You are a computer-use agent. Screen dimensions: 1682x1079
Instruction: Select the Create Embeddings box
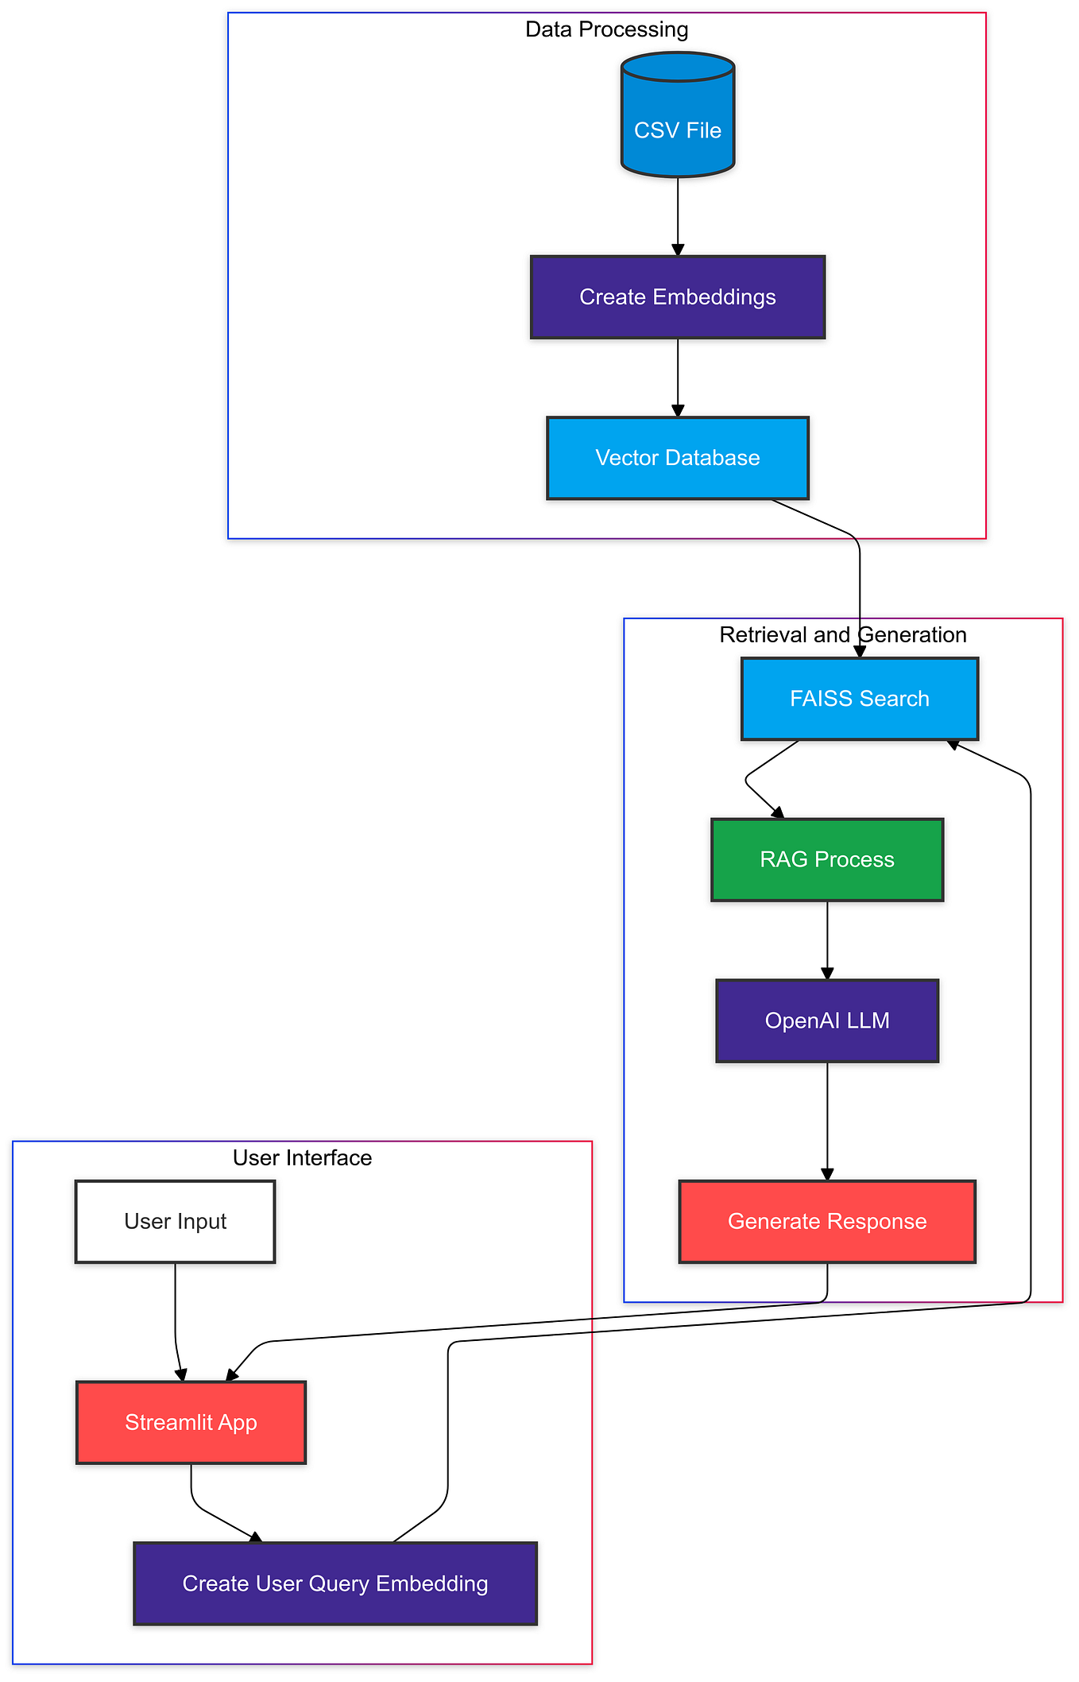[677, 297]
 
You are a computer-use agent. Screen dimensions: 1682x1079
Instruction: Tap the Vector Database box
[677, 458]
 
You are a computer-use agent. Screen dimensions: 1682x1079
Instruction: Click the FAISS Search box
[859, 699]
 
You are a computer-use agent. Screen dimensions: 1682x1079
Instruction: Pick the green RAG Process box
[826, 859]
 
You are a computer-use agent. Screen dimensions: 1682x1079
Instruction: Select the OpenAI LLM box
[826, 1021]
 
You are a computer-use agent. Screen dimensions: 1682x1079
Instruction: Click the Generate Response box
[826, 1221]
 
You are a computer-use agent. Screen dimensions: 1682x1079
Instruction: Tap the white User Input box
[175, 1221]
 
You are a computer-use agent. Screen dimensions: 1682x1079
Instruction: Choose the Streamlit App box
[191, 1422]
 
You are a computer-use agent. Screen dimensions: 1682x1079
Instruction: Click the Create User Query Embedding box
[335, 1583]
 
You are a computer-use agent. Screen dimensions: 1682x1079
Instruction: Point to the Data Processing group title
[606, 29]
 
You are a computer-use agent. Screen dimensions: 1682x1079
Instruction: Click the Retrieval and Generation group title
[842, 634]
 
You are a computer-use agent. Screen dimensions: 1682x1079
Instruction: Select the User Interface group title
[302, 1157]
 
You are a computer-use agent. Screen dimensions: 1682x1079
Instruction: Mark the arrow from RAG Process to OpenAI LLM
[827, 940]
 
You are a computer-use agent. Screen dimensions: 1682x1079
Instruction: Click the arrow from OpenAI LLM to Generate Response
[827, 1121]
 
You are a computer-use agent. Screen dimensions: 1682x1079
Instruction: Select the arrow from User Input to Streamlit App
[176, 1320]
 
